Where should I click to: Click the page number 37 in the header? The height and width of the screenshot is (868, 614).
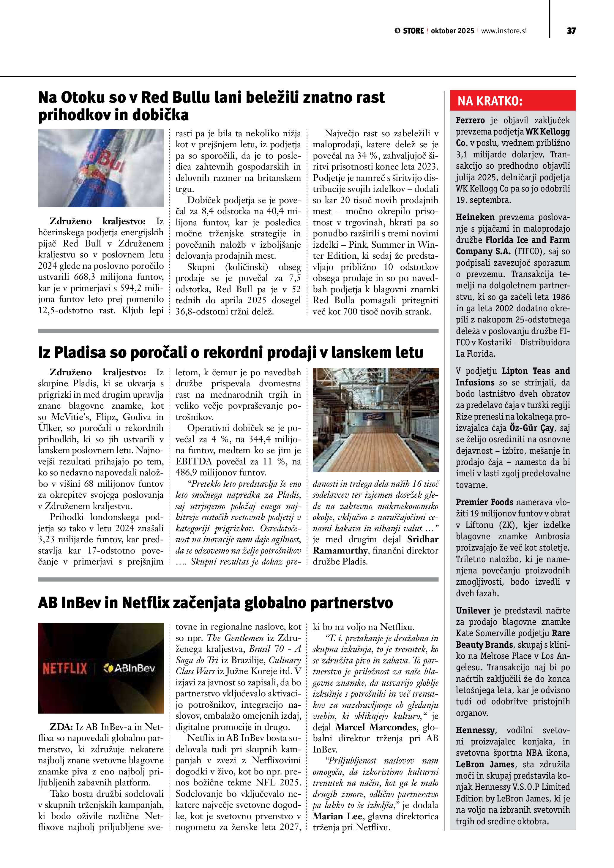[x=571, y=31]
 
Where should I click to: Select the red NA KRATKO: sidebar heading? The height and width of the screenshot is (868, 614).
[x=490, y=101]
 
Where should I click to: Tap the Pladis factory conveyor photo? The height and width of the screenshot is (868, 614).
[x=375, y=420]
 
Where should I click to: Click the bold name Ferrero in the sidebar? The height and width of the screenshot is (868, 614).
[x=470, y=121]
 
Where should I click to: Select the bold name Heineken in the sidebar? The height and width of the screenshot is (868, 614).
[x=475, y=217]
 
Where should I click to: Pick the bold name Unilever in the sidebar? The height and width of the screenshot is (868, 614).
[x=473, y=611]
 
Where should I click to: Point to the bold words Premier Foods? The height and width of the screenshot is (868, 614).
[x=484, y=502]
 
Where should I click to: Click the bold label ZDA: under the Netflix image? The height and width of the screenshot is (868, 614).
[x=61, y=727]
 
